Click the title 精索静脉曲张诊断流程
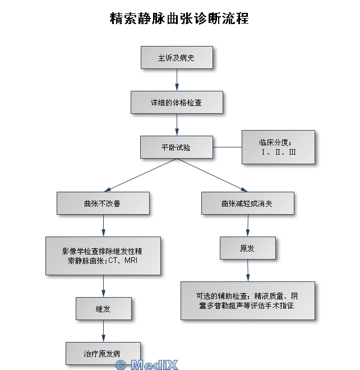coord(179,18)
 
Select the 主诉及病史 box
coord(177,57)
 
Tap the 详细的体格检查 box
coord(177,103)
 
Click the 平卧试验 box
coord(177,147)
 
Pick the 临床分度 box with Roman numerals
coord(278,147)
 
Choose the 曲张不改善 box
coord(103,203)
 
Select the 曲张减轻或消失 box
coord(248,203)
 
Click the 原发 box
coord(247,248)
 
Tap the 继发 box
coord(104,308)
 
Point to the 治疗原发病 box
coord(103,354)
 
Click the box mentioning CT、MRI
coord(103,256)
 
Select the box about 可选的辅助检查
coord(247,300)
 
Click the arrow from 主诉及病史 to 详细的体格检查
coord(177,80)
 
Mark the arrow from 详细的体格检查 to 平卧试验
coord(177,124)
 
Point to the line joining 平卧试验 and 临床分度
coord(227,147)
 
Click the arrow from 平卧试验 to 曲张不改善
coord(140,175)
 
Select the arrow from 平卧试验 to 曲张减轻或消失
coord(212,175)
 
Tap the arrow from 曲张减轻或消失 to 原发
coord(248,225)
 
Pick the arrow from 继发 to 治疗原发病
coord(104,331)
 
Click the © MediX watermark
coord(147,364)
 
